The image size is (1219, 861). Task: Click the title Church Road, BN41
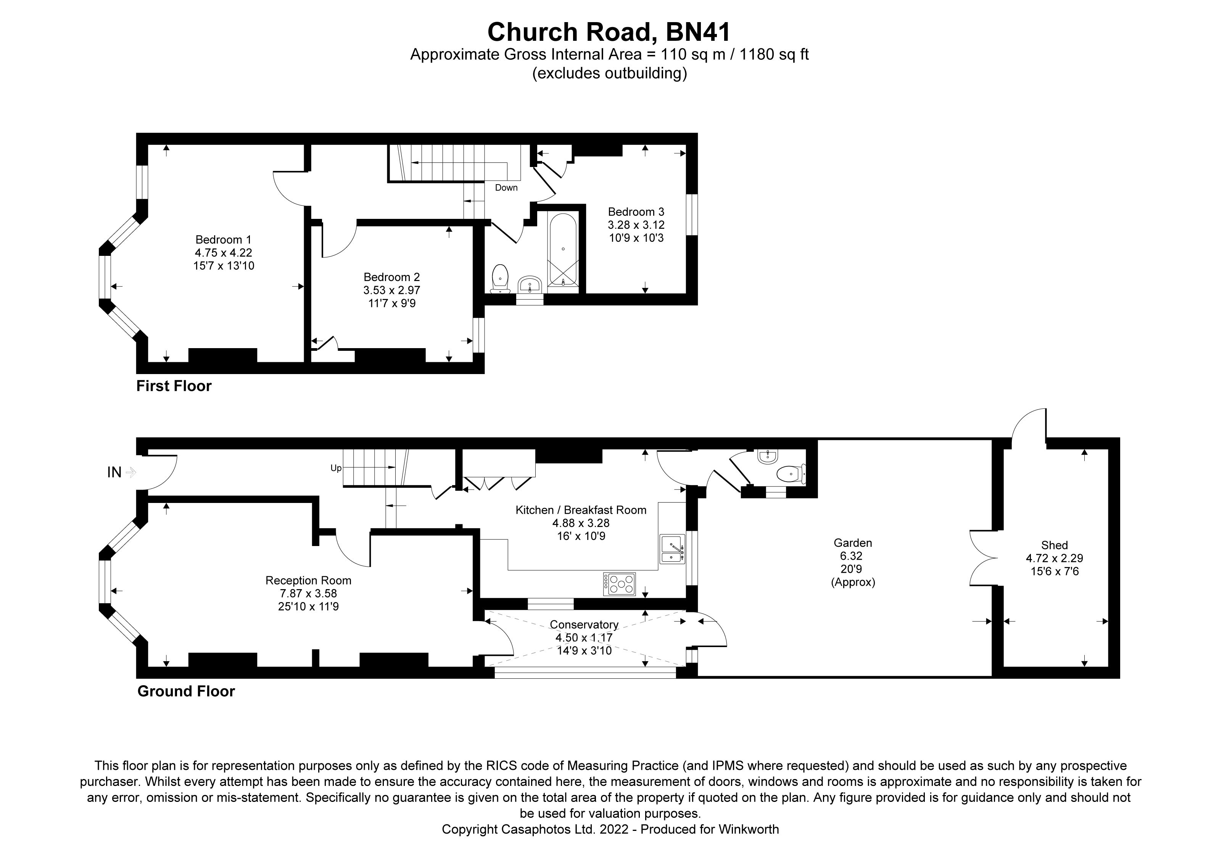[x=609, y=32]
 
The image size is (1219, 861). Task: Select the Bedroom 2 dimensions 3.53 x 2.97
[x=391, y=290]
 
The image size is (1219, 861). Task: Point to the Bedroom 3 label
[x=636, y=212]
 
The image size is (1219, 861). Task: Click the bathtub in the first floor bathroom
[x=563, y=249]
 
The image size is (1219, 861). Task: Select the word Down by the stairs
[x=506, y=188]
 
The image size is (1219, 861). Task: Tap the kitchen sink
[x=672, y=549]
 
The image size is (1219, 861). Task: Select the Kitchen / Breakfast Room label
[x=581, y=510]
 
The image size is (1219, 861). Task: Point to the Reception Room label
[x=308, y=580]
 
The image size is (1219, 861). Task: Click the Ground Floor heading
[x=186, y=691]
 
